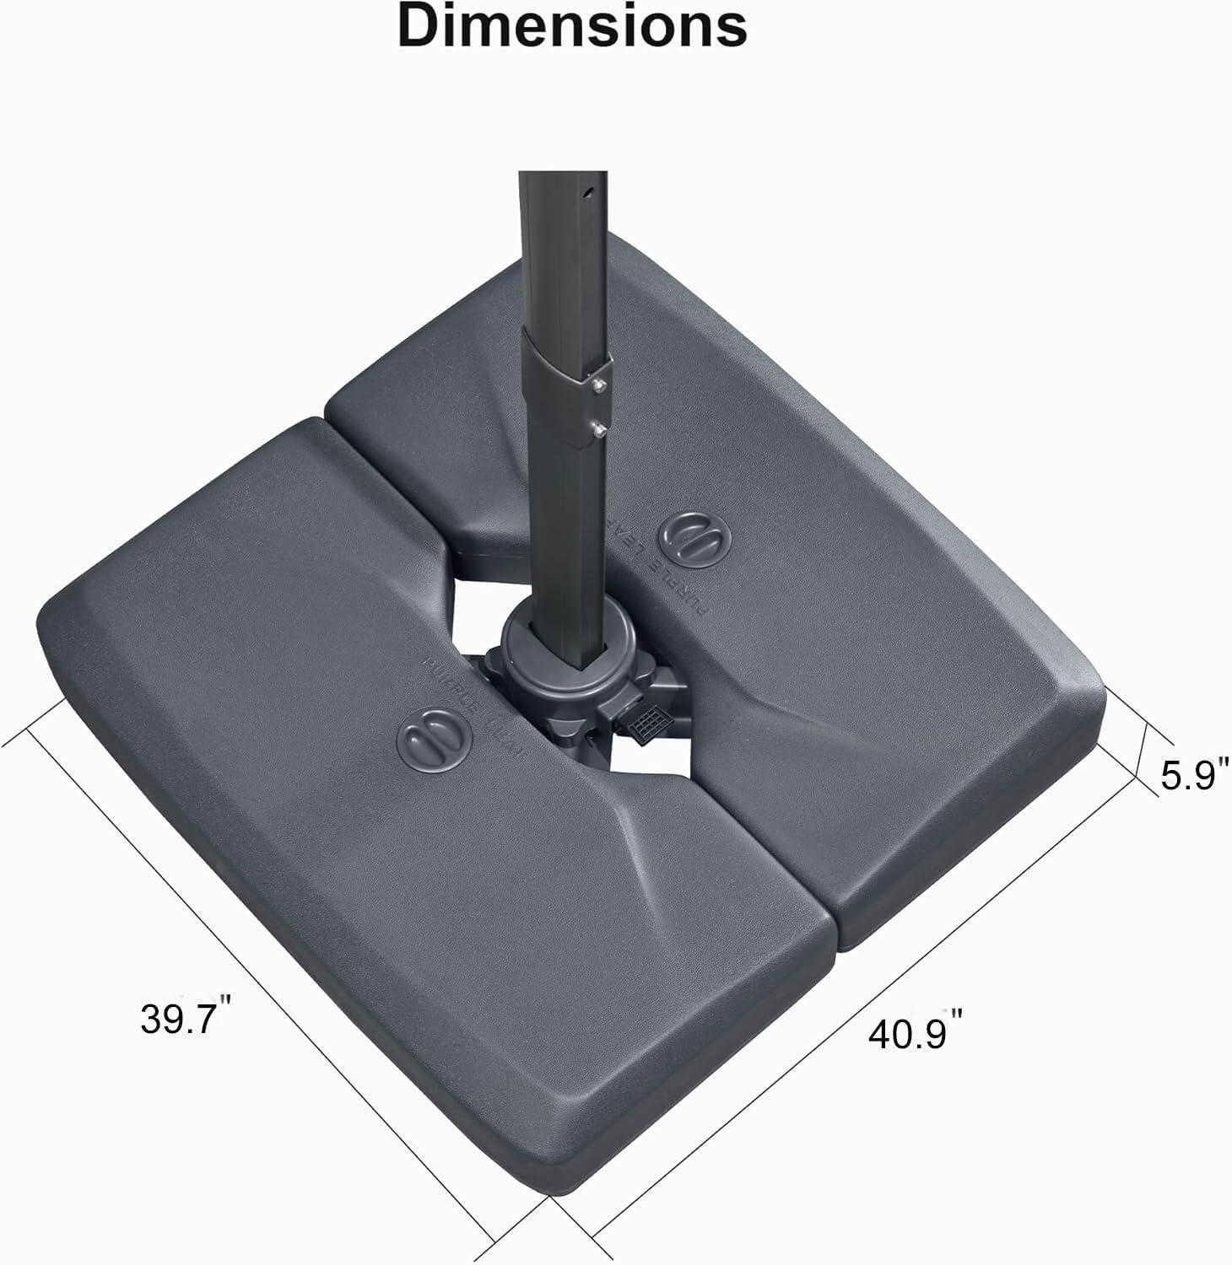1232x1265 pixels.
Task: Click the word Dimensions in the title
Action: (572, 27)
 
